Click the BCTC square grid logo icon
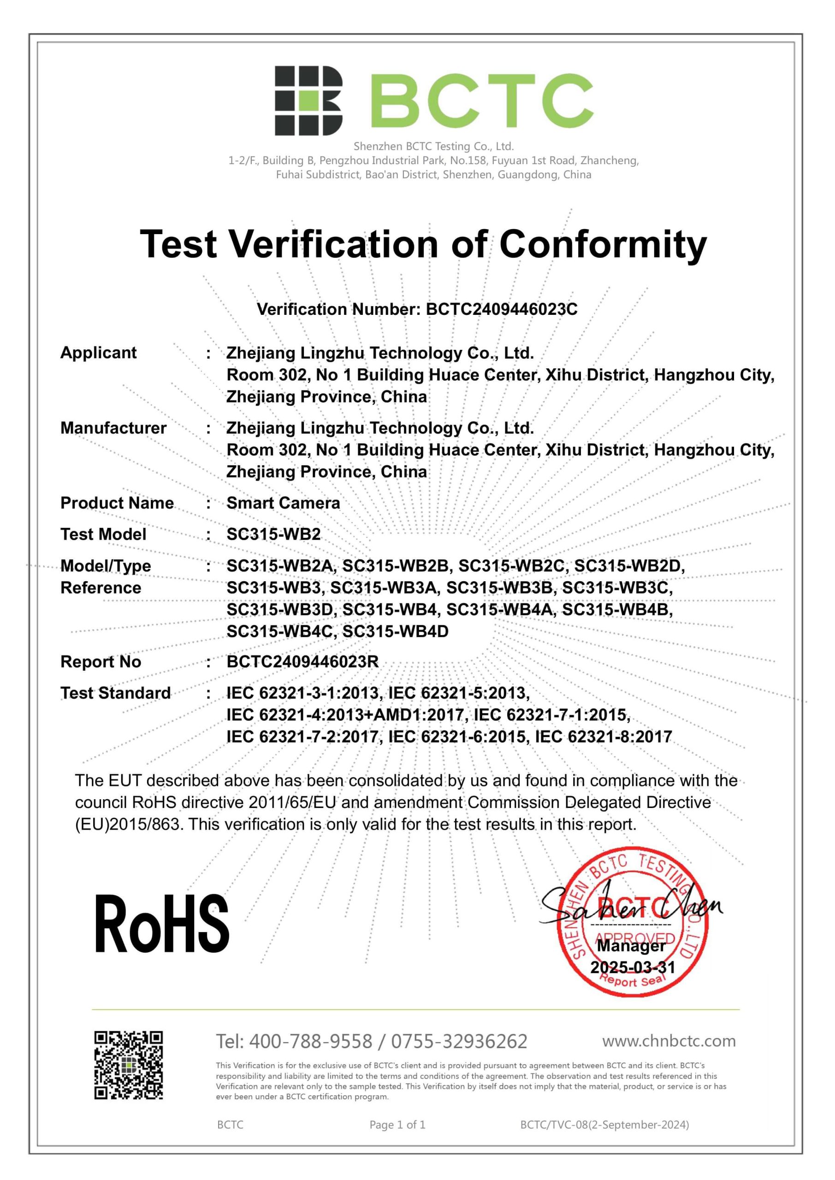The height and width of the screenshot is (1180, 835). point(308,101)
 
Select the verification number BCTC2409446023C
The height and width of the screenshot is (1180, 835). point(501,309)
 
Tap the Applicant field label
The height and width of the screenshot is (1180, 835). point(98,353)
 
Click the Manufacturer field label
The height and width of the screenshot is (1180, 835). point(113,428)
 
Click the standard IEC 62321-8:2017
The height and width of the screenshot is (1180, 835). point(603,737)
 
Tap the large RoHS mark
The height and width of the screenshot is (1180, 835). point(161,925)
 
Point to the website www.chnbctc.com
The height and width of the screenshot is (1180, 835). point(669,1041)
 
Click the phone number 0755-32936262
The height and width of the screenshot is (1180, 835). point(459,1041)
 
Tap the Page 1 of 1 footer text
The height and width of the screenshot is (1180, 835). point(397,1125)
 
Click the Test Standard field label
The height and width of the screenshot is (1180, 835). point(115,693)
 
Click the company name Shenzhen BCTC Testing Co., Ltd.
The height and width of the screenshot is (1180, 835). point(433,147)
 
